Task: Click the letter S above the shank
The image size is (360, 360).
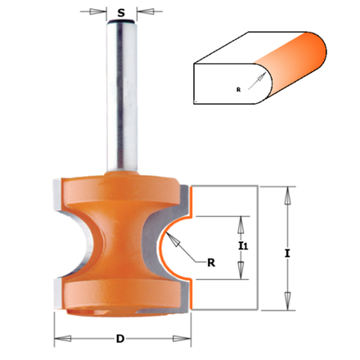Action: pyautogui.click(x=121, y=12)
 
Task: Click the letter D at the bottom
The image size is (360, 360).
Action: pyautogui.click(x=120, y=339)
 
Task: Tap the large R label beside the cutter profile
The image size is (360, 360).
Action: pyautogui.click(x=211, y=263)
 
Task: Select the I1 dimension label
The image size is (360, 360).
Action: pyautogui.click(x=243, y=246)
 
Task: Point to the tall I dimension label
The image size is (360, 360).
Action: pyautogui.click(x=287, y=254)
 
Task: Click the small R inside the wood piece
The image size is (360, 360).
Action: pyautogui.click(x=238, y=90)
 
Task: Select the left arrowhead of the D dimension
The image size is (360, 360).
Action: pyautogui.click(x=63, y=339)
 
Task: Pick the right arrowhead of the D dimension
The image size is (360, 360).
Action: pyautogui.click(x=182, y=339)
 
